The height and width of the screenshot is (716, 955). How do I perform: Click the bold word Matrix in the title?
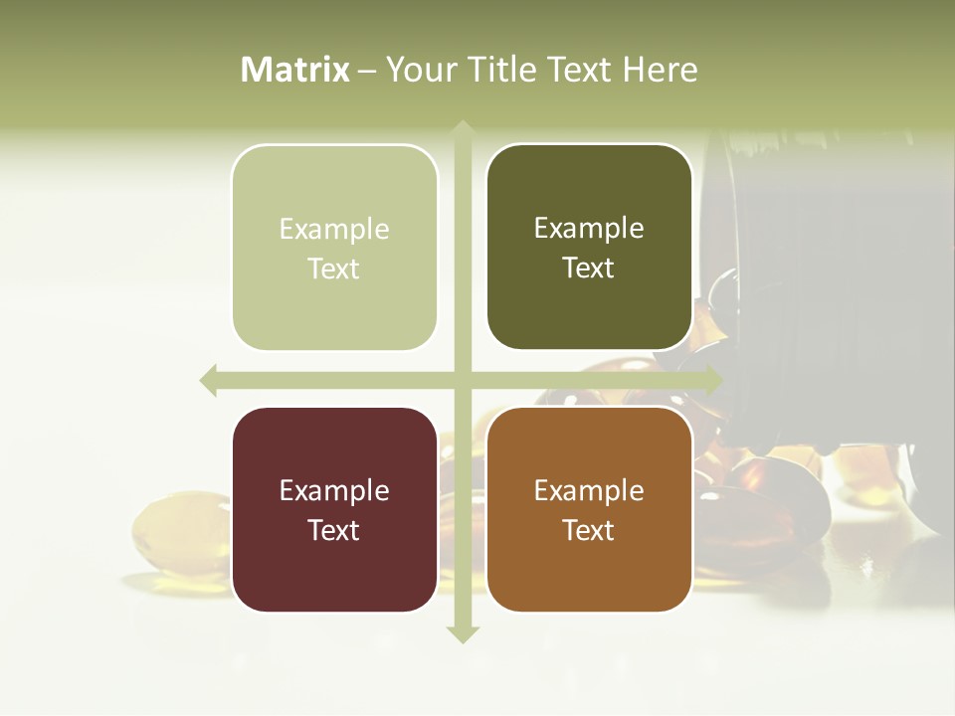(295, 70)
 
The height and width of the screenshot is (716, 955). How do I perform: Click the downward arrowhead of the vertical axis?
(463, 633)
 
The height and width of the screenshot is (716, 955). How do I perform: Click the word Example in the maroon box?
(334, 490)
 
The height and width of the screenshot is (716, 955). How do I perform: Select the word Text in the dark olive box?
(589, 268)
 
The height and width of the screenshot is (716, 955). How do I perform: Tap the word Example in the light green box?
(334, 229)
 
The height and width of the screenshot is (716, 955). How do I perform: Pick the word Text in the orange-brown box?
(589, 530)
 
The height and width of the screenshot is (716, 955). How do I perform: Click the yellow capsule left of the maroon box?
(174, 537)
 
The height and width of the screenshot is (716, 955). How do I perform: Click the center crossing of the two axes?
(463, 380)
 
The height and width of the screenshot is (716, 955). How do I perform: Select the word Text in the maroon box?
(334, 530)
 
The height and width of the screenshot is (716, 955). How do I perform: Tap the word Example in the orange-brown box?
(589, 490)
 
